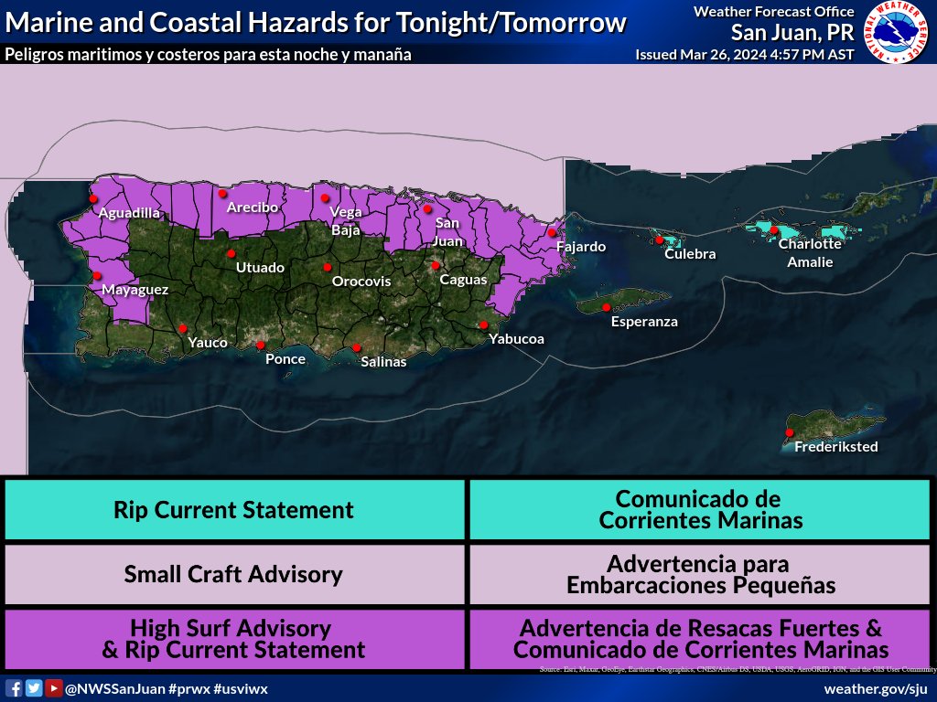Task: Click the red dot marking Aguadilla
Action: (93, 197)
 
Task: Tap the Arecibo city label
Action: (252, 207)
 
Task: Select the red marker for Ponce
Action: (261, 346)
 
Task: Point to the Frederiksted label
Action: (835, 447)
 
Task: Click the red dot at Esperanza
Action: (606, 307)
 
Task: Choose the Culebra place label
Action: (690, 254)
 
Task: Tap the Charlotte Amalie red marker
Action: (774, 229)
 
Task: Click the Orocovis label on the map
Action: (361, 282)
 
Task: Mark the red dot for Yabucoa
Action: (483, 324)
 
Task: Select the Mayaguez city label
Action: (135, 290)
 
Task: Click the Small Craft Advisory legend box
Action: (233, 574)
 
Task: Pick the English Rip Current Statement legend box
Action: (233, 509)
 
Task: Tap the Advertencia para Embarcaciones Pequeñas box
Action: (701, 574)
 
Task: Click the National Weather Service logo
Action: (897, 32)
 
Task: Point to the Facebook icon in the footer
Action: (14, 688)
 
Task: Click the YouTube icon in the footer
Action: (54, 688)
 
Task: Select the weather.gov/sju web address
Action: (876, 688)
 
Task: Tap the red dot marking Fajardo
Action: (552, 232)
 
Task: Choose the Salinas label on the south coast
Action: (383, 362)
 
